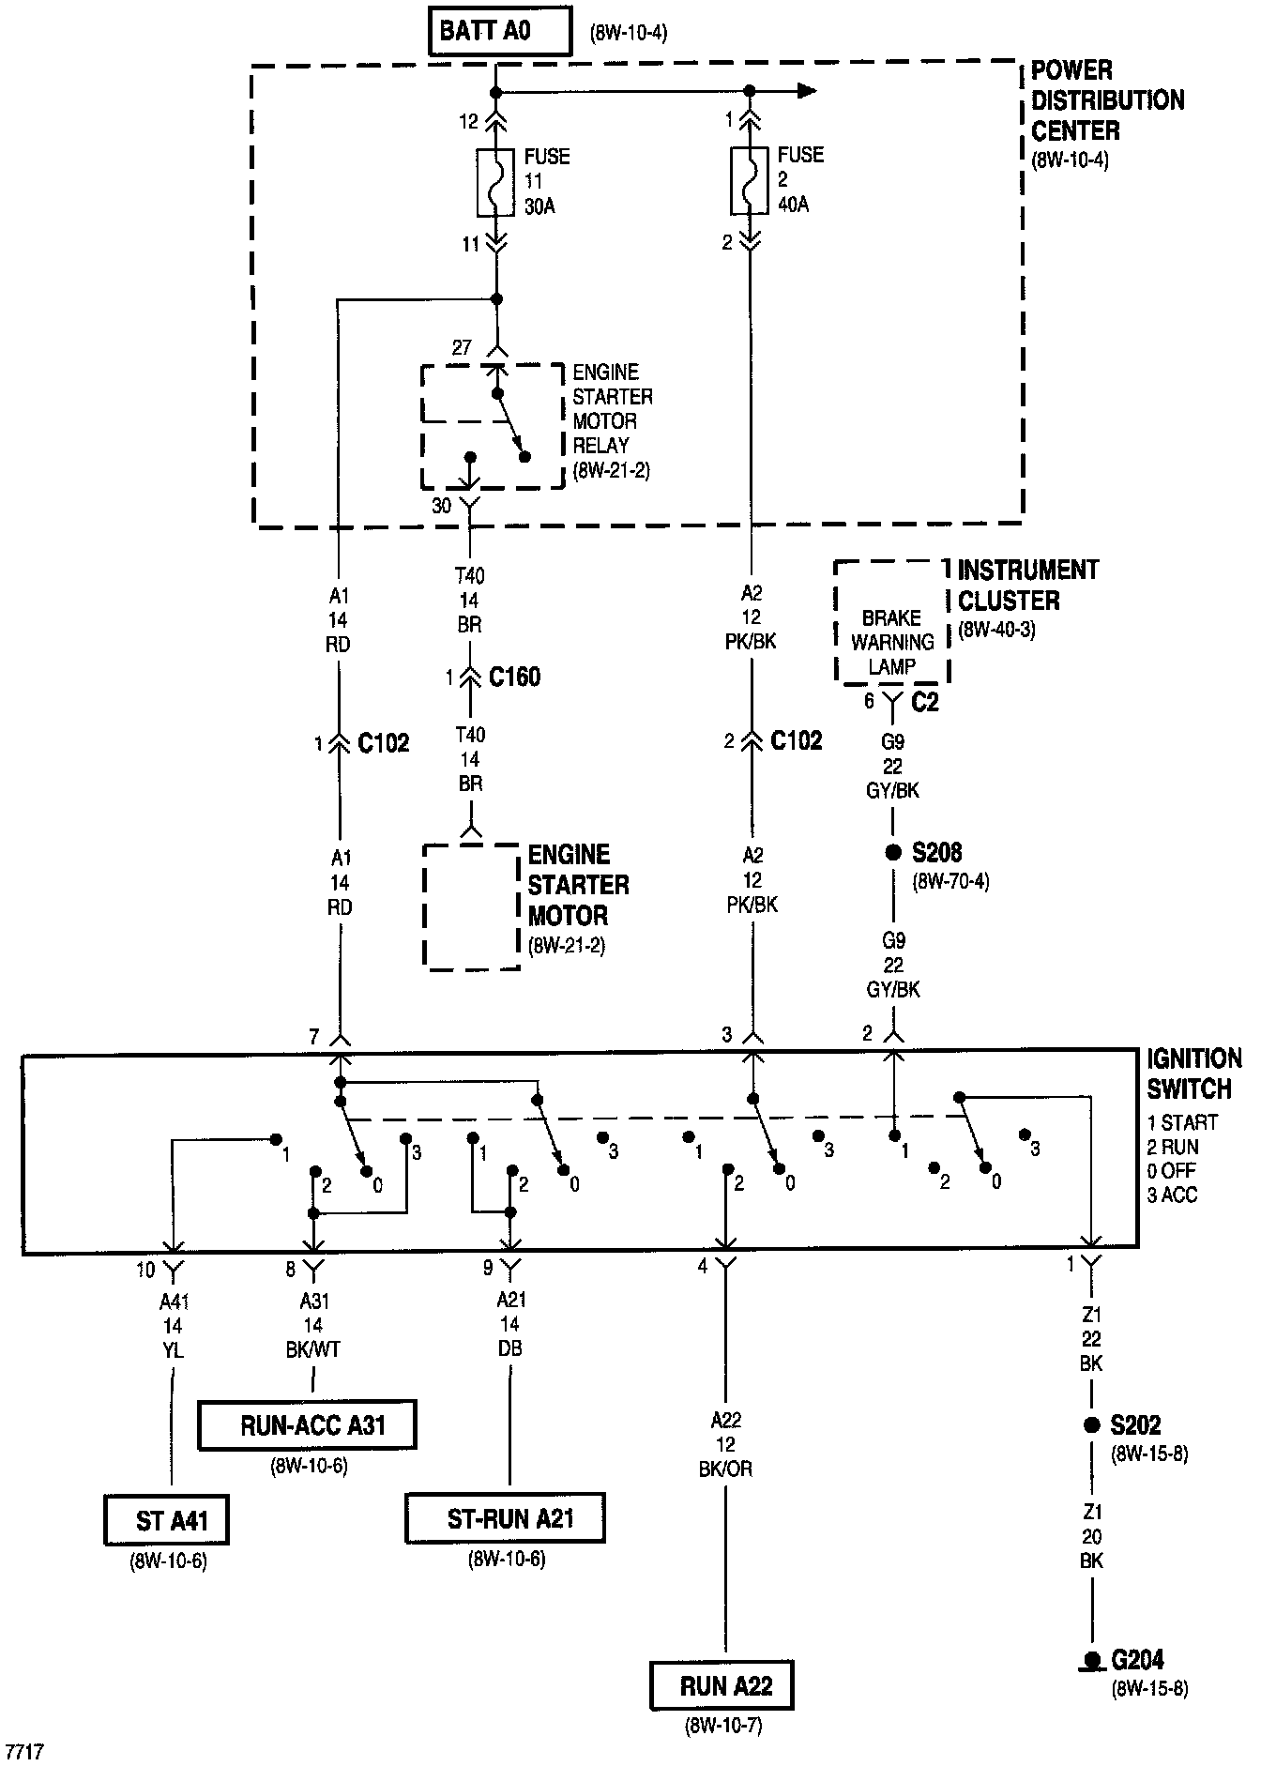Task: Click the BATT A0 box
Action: pyautogui.click(x=499, y=31)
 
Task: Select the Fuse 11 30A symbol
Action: pyautogui.click(x=496, y=181)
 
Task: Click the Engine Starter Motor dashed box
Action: pyautogui.click(x=471, y=906)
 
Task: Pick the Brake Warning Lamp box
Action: pyautogui.click(x=891, y=622)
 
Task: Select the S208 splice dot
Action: pyautogui.click(x=893, y=853)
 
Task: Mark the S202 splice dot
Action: pyautogui.click(x=1091, y=1424)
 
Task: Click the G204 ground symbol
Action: pyautogui.click(x=1091, y=1661)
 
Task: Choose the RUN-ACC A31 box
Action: pyautogui.click(x=307, y=1424)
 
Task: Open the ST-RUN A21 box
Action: pyautogui.click(x=505, y=1518)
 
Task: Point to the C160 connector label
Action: pyautogui.click(x=514, y=677)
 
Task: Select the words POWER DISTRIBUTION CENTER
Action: pyautogui.click(x=1107, y=100)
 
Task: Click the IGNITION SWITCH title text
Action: pyautogui.click(x=1193, y=1074)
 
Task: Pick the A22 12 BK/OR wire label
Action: pyautogui.click(x=726, y=1445)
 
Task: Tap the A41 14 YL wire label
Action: pyautogui.click(x=173, y=1326)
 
